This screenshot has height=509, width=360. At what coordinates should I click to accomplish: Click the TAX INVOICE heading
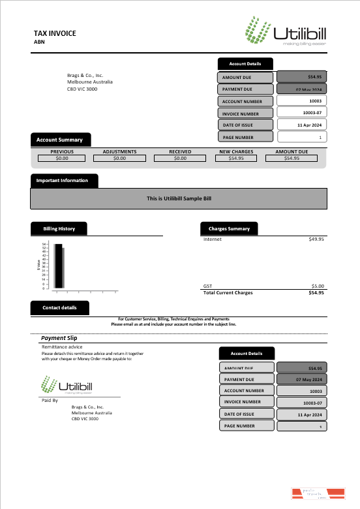click(55, 33)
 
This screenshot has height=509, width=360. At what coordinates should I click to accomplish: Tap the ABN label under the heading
click(39, 42)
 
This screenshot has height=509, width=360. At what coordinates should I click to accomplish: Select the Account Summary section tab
click(60, 140)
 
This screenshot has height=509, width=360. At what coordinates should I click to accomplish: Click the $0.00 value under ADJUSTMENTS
click(119, 158)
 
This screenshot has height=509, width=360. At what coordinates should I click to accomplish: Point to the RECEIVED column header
click(180, 151)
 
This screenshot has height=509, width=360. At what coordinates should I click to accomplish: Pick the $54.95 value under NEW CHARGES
click(236, 158)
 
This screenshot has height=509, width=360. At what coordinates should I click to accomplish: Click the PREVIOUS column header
click(62, 151)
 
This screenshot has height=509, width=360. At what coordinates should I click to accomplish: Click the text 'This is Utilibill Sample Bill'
click(179, 198)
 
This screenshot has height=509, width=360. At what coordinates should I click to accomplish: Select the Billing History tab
click(59, 228)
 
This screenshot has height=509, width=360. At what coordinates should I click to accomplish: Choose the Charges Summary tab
click(229, 228)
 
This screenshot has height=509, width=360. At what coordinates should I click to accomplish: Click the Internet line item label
click(213, 239)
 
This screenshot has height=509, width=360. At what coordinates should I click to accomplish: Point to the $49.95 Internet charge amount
click(316, 239)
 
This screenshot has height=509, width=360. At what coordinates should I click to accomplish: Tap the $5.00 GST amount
click(317, 286)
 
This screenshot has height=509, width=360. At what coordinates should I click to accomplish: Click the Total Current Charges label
click(228, 292)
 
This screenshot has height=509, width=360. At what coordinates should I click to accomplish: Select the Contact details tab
click(59, 307)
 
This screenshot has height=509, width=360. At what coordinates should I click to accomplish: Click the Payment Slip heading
click(59, 338)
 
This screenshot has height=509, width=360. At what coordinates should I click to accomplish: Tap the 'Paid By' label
click(50, 400)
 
